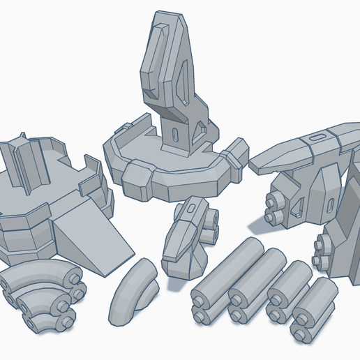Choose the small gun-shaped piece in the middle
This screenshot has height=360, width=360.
[x=185, y=237]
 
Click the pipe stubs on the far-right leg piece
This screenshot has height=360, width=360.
[x=322, y=251]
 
